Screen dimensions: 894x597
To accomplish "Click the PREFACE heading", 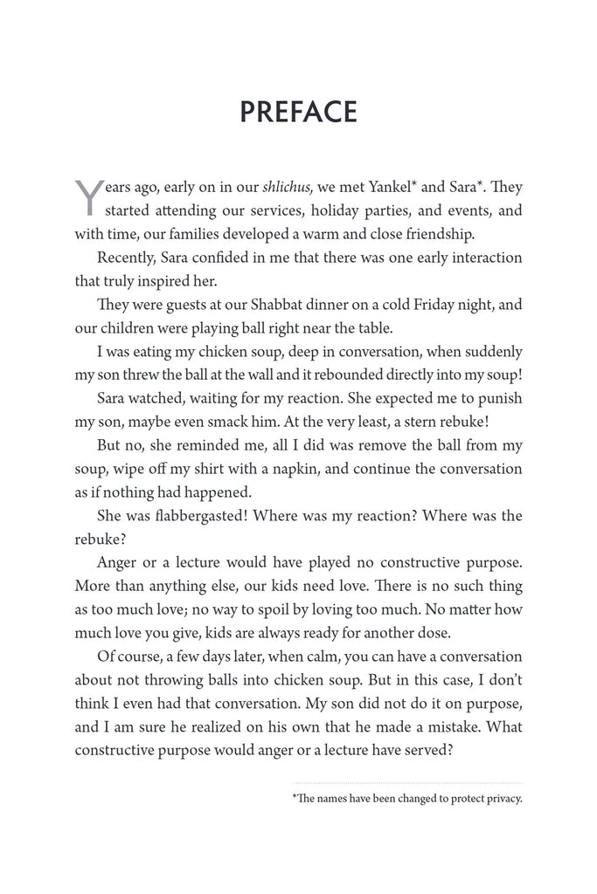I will pyautogui.click(x=298, y=113).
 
